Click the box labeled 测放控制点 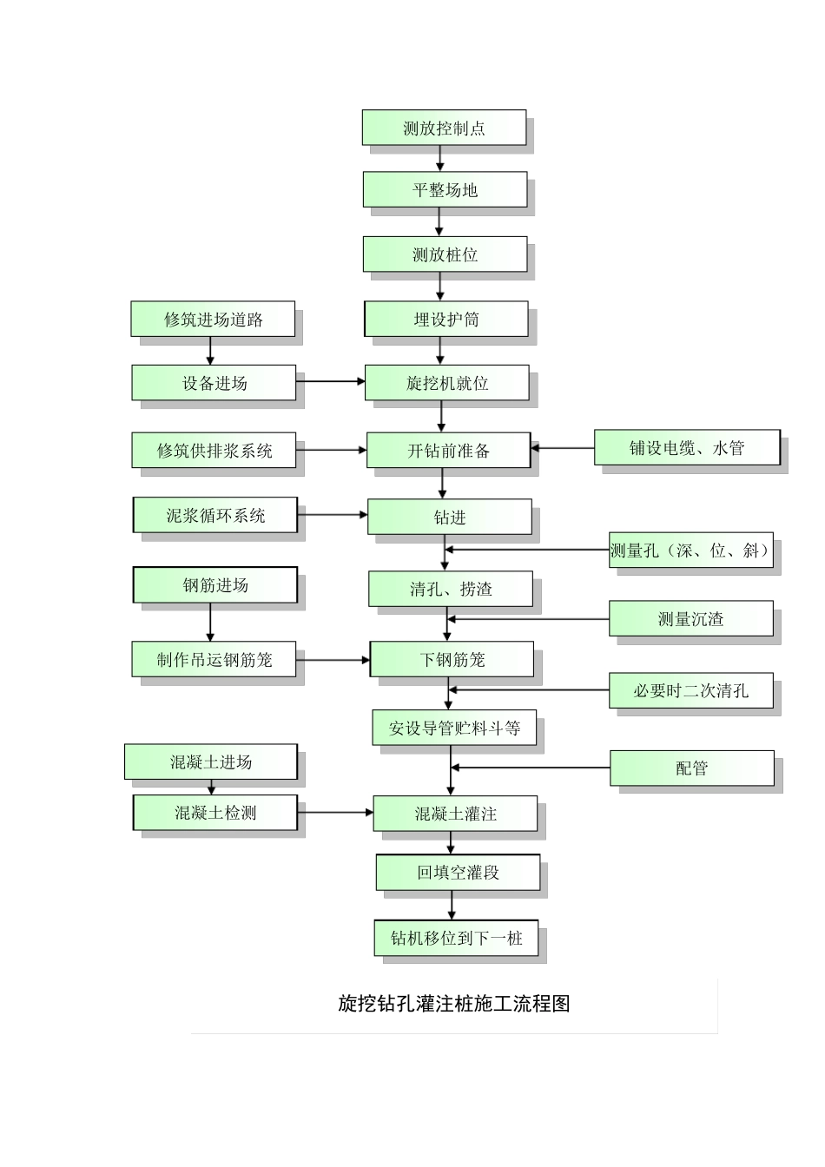(444, 128)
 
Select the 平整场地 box (445, 189)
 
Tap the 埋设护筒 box (445, 319)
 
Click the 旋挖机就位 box (446, 383)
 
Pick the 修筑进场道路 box (213, 319)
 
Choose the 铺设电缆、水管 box (687, 448)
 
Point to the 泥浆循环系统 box (214, 515)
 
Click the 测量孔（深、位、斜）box (690, 551)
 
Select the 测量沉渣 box (690, 619)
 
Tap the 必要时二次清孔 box (690, 690)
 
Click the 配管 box (691, 768)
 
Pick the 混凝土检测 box (214, 813)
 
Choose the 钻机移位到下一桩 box (456, 938)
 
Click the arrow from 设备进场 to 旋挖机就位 (330, 380)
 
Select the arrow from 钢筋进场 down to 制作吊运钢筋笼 (210, 623)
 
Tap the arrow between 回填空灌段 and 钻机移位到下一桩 (452, 906)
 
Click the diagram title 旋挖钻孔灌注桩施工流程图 (453, 1004)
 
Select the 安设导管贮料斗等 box (454, 728)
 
